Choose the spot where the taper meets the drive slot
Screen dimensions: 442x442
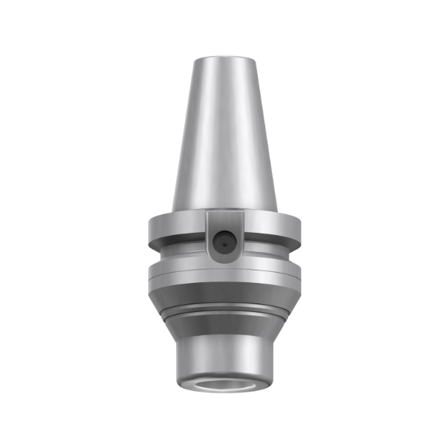[221, 211]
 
